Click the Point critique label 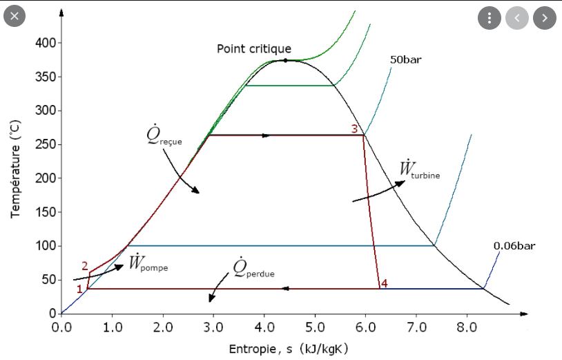254,49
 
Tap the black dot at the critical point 285,61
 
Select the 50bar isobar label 405,60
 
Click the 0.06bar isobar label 514,245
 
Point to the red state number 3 355,129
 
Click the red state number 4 385,283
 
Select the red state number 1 79,289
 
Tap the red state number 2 84,266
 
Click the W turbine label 419,169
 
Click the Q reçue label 164,137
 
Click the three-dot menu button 489,18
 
